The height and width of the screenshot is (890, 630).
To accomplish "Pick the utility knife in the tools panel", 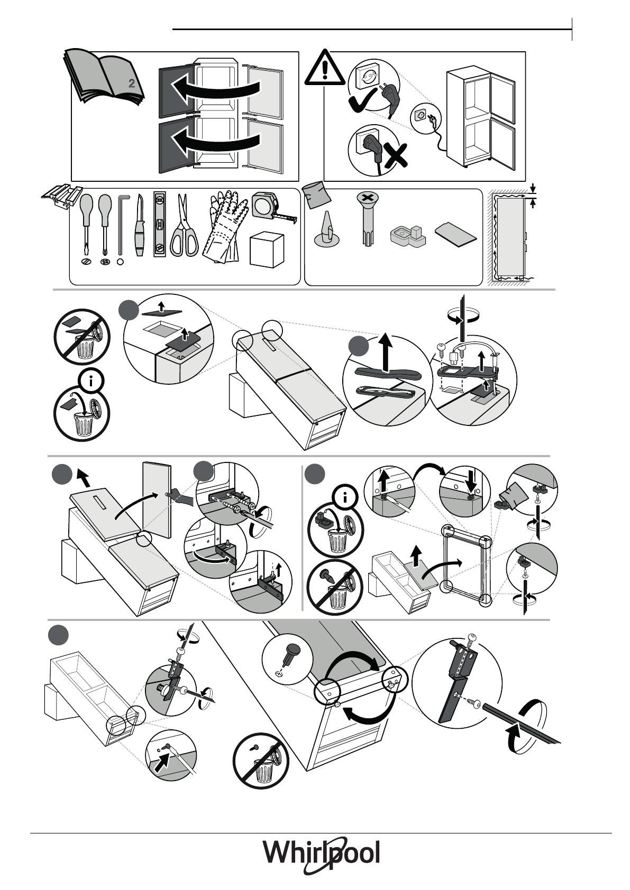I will (140, 226).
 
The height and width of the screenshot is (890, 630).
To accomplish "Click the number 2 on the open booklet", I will (132, 83).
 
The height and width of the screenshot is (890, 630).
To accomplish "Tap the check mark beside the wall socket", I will (361, 100).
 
